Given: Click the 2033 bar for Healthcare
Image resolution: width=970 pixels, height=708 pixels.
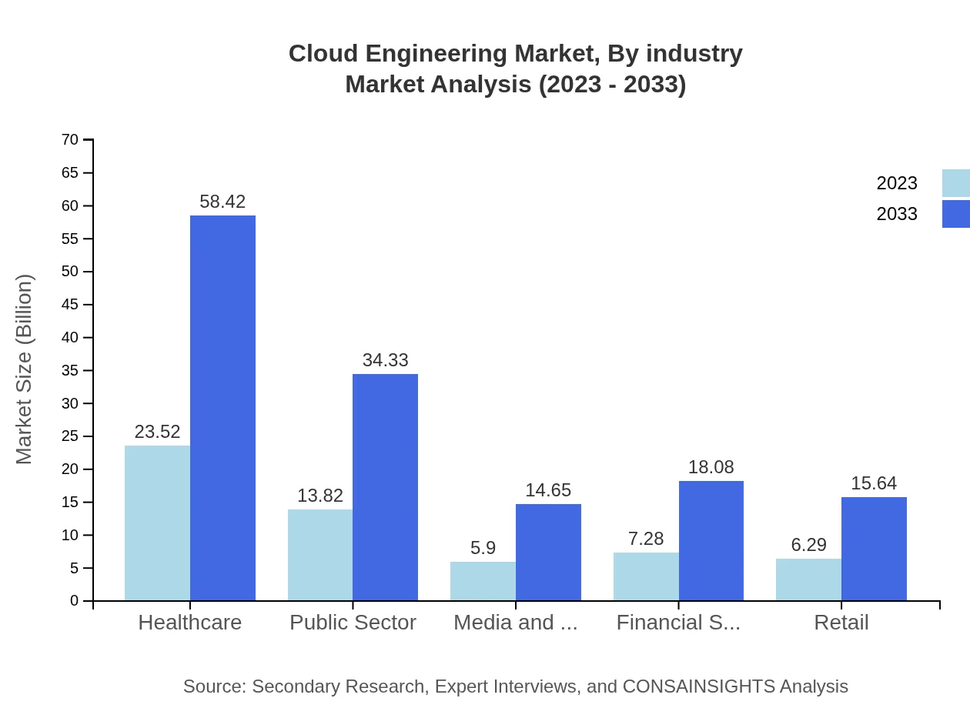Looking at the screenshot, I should [222, 408].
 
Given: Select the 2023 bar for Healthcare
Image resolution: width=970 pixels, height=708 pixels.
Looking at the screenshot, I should [157, 523].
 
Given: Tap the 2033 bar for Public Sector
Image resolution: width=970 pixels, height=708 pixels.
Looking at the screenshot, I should [385, 487].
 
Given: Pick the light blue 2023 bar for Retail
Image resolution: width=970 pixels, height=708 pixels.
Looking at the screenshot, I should [808, 579].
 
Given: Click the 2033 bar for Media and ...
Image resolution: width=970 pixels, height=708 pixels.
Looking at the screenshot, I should [548, 552].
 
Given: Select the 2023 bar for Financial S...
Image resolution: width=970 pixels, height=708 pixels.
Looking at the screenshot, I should [646, 576].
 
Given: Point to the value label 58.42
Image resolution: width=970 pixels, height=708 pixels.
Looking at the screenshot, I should [222, 202].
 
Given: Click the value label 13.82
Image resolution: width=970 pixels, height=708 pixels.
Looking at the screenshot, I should [320, 496].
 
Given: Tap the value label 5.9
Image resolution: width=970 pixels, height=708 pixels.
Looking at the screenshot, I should [483, 548].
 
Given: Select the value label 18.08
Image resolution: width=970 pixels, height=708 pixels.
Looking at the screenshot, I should [711, 467].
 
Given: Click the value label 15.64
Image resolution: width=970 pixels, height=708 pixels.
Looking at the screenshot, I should [874, 483].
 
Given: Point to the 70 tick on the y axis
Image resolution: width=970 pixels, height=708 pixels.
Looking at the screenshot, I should [70, 140].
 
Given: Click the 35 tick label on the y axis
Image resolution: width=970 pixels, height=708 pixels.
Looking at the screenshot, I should [70, 370].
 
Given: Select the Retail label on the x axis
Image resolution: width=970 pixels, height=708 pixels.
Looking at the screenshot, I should [841, 623].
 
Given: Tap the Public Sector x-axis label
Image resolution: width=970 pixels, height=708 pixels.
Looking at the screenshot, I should [353, 623].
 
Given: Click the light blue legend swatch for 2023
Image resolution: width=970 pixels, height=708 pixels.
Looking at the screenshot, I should [955, 183].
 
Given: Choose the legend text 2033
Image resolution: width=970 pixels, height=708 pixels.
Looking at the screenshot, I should [897, 214].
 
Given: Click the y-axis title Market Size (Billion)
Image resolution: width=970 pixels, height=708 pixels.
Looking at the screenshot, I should [25, 369].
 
